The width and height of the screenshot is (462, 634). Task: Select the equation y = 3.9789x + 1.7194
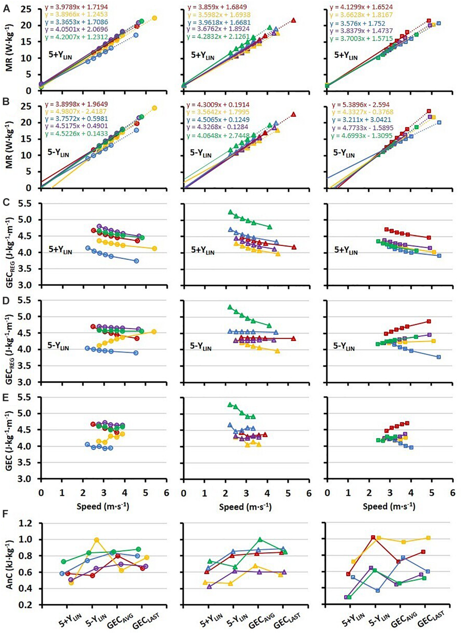(76, 6)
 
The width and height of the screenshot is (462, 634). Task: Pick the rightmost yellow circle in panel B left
(154, 108)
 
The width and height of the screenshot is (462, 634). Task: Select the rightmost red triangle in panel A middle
(293, 20)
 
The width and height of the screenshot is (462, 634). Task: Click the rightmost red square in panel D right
(429, 321)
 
